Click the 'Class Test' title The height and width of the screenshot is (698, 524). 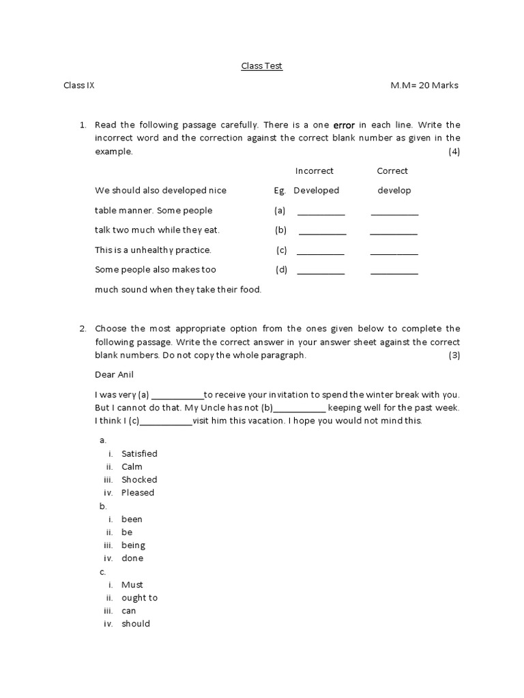tap(261, 66)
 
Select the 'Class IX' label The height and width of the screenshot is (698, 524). tap(79, 86)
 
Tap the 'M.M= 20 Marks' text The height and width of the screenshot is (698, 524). tap(424, 86)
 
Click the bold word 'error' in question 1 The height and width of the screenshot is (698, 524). tap(344, 125)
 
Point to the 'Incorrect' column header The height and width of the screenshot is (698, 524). tap(314, 171)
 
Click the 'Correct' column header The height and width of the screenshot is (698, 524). tap(392, 171)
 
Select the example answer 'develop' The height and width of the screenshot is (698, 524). tap(394, 191)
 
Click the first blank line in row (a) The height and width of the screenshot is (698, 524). tap(321, 213)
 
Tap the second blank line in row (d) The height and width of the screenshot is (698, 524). tap(394, 273)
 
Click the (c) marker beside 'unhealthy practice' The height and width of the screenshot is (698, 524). tap(281, 250)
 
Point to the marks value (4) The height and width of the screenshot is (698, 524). tap(454, 152)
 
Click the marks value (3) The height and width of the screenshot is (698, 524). tap(454, 356)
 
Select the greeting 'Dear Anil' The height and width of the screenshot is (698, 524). tap(115, 375)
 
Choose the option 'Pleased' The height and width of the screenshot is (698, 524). tap(138, 493)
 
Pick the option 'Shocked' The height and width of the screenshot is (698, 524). tap(139, 480)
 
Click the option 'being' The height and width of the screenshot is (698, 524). tap(133, 545)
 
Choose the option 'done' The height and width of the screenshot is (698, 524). tap(132, 558)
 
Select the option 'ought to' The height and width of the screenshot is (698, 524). tap(139, 598)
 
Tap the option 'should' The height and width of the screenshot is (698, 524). tap(136, 624)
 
